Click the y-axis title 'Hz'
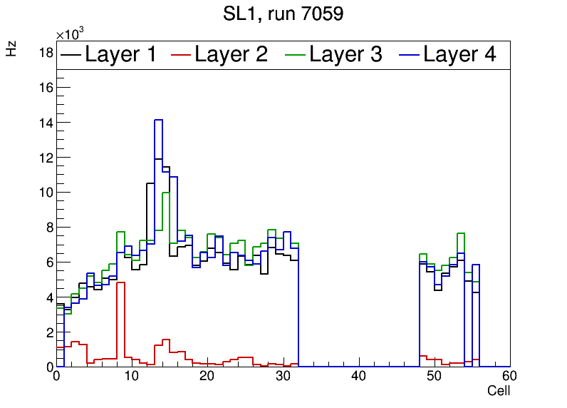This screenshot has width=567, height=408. pyautogui.click(x=11, y=49)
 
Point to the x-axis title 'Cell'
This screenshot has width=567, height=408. pyautogui.click(x=498, y=391)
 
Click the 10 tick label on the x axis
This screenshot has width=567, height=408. pyautogui.click(x=132, y=377)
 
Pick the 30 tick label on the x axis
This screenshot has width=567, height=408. pyautogui.click(x=283, y=377)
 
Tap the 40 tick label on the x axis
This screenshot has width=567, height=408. pyautogui.click(x=358, y=377)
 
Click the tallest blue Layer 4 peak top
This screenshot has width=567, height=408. pyautogui.click(x=159, y=120)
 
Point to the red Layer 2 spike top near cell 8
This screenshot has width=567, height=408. pyautogui.click(x=120, y=282)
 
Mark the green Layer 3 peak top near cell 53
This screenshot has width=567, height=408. pyautogui.click(x=461, y=233)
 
